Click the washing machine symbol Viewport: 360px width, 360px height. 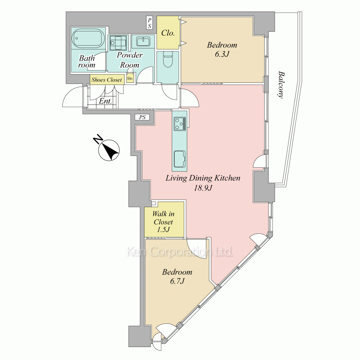118,43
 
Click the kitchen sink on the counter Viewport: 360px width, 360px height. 180,159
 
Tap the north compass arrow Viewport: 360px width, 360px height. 109,150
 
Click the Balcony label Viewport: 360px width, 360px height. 281,85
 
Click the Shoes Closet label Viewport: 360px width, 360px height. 107,80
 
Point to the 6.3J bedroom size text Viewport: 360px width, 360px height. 222,54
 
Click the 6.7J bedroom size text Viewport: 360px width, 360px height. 177,281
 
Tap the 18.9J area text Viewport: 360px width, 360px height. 203,188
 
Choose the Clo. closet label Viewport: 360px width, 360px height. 168,33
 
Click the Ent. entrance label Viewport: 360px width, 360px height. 105,101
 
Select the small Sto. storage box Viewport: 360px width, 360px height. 130,78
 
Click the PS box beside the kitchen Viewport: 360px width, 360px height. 142,117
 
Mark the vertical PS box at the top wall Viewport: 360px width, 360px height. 149,22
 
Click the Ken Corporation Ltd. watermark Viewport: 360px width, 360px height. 180,252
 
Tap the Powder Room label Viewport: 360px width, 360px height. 130,60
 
